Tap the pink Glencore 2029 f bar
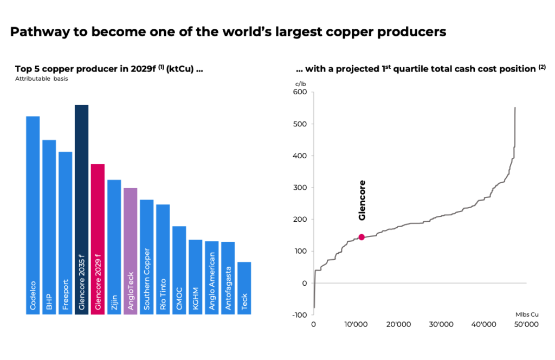click(98, 239)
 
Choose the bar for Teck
click(244, 287)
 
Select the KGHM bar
click(195, 277)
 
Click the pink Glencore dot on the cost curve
click(362, 237)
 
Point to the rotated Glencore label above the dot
click(363, 200)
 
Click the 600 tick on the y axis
click(300, 92)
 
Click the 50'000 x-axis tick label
click(525, 324)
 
